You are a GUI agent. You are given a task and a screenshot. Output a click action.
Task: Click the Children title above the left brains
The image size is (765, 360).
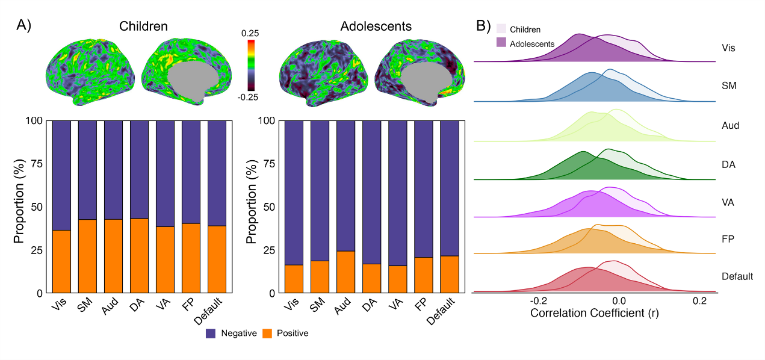click(143, 26)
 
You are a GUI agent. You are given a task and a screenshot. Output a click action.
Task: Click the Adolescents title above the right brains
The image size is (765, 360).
click(376, 26)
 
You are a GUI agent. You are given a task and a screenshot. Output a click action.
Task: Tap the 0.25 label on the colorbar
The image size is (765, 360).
click(250, 33)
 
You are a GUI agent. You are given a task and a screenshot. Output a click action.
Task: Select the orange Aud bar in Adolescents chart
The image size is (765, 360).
click(345, 272)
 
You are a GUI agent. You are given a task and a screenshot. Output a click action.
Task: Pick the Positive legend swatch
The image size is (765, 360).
click(267, 333)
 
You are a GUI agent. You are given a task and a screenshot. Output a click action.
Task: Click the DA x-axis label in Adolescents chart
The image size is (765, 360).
click(367, 306)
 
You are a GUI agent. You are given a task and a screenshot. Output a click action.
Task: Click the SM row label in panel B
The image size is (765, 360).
click(729, 86)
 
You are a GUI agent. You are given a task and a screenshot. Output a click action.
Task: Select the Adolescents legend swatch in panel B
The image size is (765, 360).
click(501, 42)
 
